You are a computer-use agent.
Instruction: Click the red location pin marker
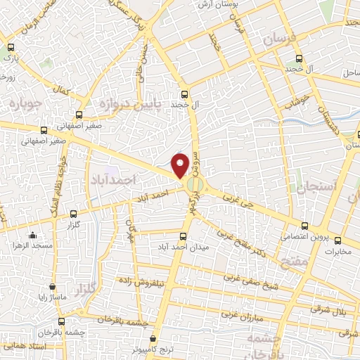coord(181,165)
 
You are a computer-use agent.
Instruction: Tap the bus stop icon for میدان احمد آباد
coord(184,237)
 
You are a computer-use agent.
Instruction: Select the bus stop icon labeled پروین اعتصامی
coord(304,226)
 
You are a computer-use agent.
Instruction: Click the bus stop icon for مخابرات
coord(337,240)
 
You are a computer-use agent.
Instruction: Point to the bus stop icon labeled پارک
coord(10,49)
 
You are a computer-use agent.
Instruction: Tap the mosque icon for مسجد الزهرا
coord(32,236)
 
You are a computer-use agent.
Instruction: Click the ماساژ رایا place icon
coord(53,287)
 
